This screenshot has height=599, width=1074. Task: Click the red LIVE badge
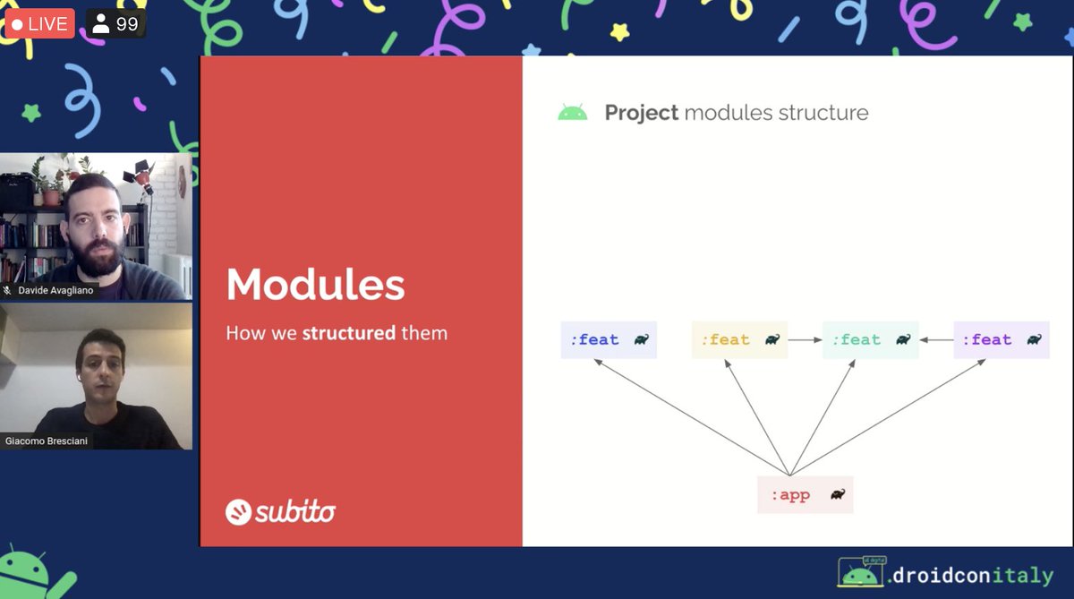[x=39, y=23]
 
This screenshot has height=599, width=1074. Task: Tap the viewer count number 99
[x=127, y=24]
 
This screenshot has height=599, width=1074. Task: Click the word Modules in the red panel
[x=315, y=285]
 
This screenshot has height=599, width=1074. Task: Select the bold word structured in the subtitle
[x=348, y=333]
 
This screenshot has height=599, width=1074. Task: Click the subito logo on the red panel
[x=281, y=511]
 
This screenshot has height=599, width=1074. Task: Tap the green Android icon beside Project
[x=572, y=113]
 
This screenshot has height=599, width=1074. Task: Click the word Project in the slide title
[x=641, y=113]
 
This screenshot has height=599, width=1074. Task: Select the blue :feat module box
[x=609, y=340]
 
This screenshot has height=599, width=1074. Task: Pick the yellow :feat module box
[x=739, y=340]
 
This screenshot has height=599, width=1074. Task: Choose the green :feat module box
[x=870, y=340]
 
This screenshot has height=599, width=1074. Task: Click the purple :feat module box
[x=1001, y=340]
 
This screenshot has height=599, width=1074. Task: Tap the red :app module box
[x=805, y=495]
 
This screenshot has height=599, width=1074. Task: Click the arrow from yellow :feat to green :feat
[x=805, y=340]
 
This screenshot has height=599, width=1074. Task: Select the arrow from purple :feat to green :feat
[x=936, y=340]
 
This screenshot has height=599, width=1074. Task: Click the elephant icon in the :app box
[x=837, y=495]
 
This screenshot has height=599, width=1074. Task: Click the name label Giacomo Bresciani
[x=47, y=441]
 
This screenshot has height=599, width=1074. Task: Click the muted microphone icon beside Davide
[x=8, y=291]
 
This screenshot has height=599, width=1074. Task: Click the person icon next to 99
[x=100, y=24]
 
